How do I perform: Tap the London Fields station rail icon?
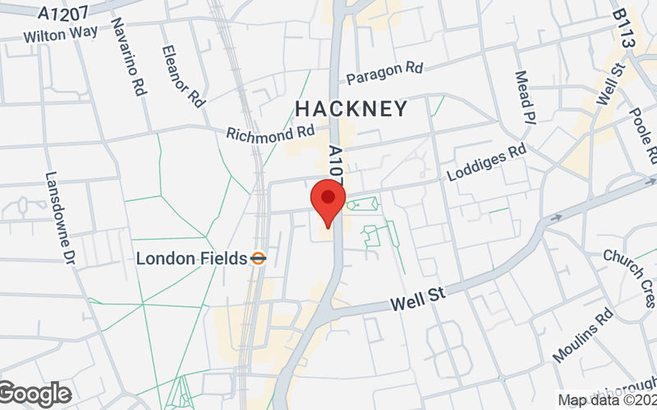258,258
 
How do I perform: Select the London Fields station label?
191,258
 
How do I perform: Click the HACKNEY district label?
351,108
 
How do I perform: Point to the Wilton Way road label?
61,34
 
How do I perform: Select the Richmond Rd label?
271,132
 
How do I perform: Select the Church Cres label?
629,270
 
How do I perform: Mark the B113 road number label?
625,27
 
